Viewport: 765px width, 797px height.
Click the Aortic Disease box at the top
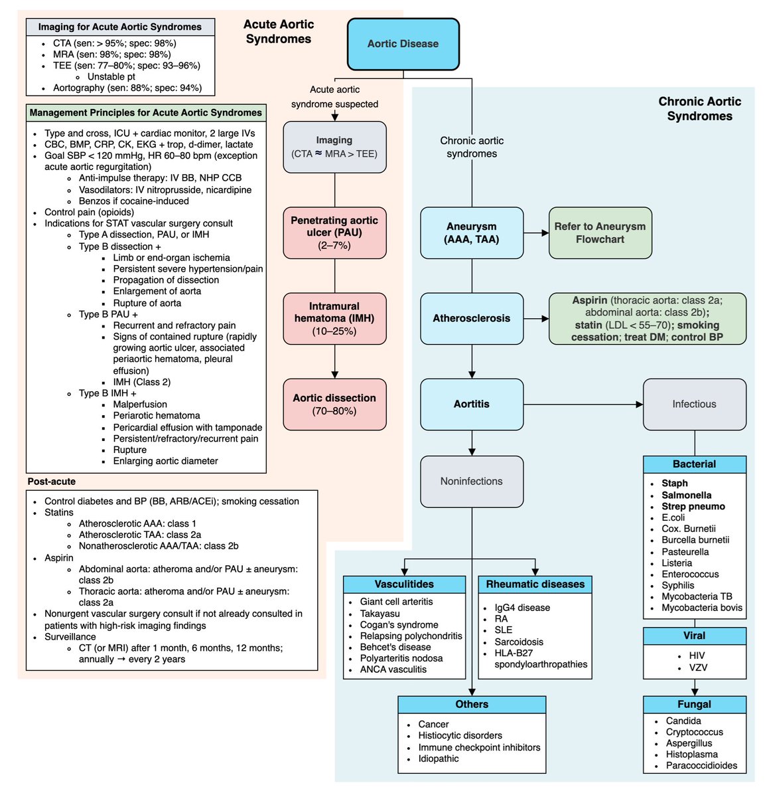403,44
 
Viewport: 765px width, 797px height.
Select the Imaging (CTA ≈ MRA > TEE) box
334,147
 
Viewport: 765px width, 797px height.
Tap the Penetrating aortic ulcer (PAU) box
334,232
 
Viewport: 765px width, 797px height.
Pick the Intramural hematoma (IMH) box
334,318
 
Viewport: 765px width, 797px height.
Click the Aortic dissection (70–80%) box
334,404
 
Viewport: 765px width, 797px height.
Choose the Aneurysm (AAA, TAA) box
472,232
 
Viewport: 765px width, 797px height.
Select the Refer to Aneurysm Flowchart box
600,232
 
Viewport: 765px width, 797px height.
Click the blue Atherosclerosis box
472,318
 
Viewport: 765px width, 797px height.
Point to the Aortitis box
472,404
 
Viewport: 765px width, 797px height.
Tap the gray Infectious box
694,404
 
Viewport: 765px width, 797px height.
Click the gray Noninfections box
472,481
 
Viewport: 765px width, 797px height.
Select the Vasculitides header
404,584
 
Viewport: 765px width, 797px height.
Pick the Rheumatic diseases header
535,584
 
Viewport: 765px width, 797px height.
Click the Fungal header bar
694,704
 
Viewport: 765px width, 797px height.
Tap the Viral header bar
694,636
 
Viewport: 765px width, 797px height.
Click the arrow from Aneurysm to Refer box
536,232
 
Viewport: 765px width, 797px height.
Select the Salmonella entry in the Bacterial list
686,495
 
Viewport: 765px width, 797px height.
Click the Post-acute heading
52,482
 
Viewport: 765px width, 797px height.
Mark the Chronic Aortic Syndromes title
699,108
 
